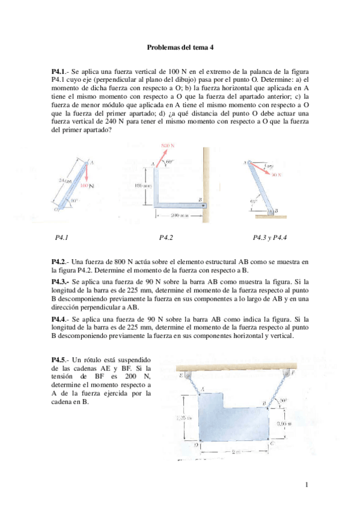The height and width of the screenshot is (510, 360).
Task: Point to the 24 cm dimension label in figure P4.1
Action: (x=65, y=180)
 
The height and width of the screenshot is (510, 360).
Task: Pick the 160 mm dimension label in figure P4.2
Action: (x=142, y=186)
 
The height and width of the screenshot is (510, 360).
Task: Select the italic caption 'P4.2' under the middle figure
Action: (x=166, y=238)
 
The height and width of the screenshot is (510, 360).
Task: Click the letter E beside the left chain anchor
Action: (x=181, y=376)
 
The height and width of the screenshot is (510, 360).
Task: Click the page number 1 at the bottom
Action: (x=306, y=485)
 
